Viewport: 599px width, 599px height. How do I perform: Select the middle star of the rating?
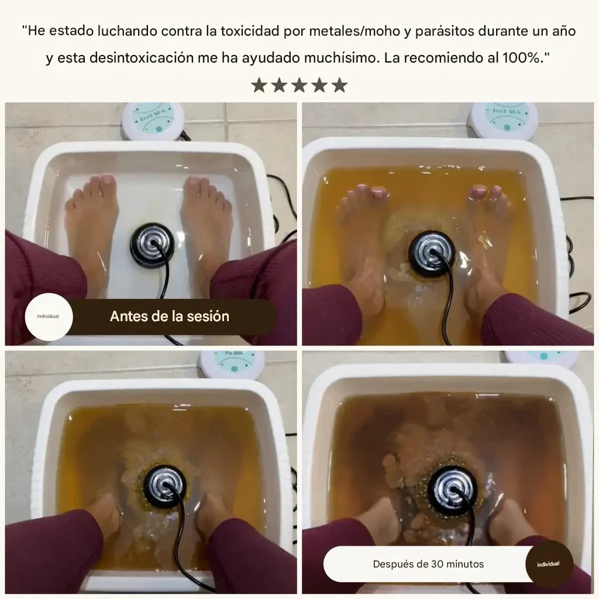[299, 85]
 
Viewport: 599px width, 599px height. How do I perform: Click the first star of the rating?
[259, 85]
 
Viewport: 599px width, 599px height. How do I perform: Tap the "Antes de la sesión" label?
[169, 316]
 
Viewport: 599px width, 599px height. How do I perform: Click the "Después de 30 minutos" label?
[428, 564]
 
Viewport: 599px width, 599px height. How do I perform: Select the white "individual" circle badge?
[48, 316]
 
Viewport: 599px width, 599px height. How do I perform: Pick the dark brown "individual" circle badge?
[548, 564]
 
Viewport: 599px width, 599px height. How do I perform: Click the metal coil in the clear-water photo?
[152, 245]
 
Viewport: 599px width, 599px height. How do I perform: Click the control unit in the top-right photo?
[505, 119]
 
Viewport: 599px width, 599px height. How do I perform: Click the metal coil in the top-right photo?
[432, 252]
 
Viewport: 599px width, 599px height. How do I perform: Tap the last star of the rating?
[339, 85]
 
